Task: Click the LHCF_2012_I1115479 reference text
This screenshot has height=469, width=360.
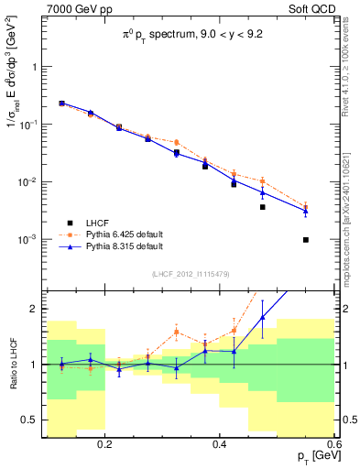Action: [x=191, y=275]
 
